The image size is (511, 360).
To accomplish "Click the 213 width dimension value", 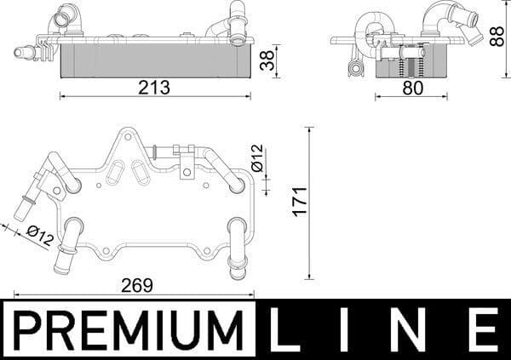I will pyautogui.click(x=156, y=88).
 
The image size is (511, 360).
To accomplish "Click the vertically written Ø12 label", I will pyautogui.click(x=257, y=158).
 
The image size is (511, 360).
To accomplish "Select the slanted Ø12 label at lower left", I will pyautogui.click(x=39, y=235).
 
